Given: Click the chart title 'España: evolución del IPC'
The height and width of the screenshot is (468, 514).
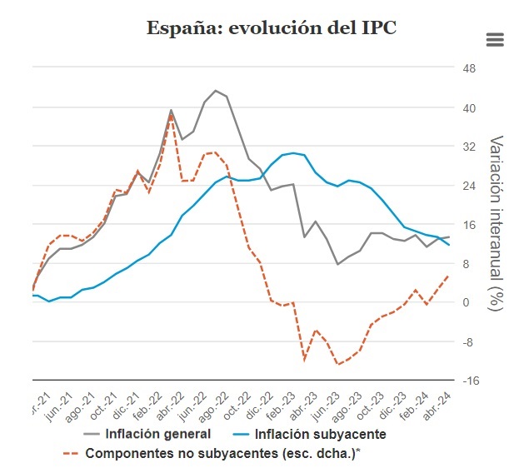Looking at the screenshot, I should tap(271, 27).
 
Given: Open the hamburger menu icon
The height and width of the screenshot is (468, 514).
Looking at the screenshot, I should tap(495, 40).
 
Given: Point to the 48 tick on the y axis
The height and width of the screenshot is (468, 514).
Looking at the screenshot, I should tap(468, 68).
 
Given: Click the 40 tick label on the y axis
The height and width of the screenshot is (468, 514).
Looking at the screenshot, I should tap(468, 107).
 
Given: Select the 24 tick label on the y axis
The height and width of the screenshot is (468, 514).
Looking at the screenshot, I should tap(468, 186).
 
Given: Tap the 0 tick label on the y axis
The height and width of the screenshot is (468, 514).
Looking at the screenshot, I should tap(466, 302).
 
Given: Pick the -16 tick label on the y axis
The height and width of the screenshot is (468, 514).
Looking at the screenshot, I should tap(470, 381).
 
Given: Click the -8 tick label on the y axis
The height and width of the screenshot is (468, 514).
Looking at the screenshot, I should tap(468, 341).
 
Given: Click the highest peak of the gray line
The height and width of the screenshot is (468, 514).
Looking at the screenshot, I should tap(216, 90).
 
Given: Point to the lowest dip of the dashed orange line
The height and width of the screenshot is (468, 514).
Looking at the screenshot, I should tap(337, 364).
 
